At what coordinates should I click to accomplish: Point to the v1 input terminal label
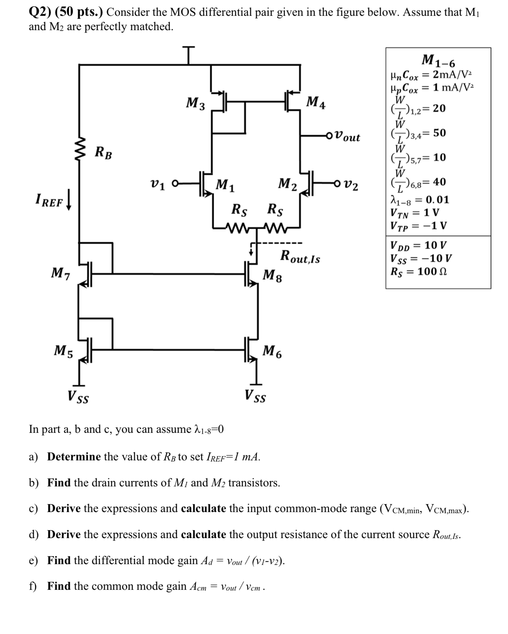pos(157,185)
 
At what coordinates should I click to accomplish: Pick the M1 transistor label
pos(225,185)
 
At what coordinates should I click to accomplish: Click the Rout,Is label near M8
pos(300,257)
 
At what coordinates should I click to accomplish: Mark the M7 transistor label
pos(61,273)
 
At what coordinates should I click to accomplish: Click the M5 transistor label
pos(63,351)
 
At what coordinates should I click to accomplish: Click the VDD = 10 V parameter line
pos(419,245)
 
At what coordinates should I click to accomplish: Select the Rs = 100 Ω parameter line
pos(419,271)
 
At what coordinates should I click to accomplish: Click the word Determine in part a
pos(74,457)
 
